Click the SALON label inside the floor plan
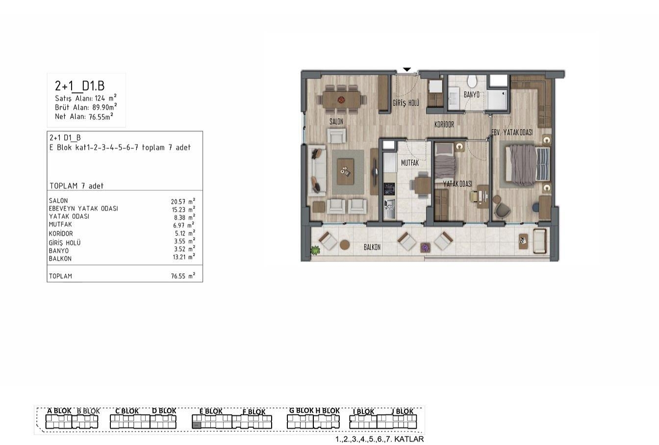336,122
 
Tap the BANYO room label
472,95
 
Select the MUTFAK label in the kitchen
410,163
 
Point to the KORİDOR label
444,125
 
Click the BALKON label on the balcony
372,247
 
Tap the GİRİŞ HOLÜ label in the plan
406,103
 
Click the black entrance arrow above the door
407,70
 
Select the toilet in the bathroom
473,81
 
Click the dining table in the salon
342,100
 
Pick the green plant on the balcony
316,250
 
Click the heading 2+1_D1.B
80,86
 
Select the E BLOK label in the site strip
211,411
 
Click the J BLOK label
403,411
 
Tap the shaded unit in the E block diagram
196,425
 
